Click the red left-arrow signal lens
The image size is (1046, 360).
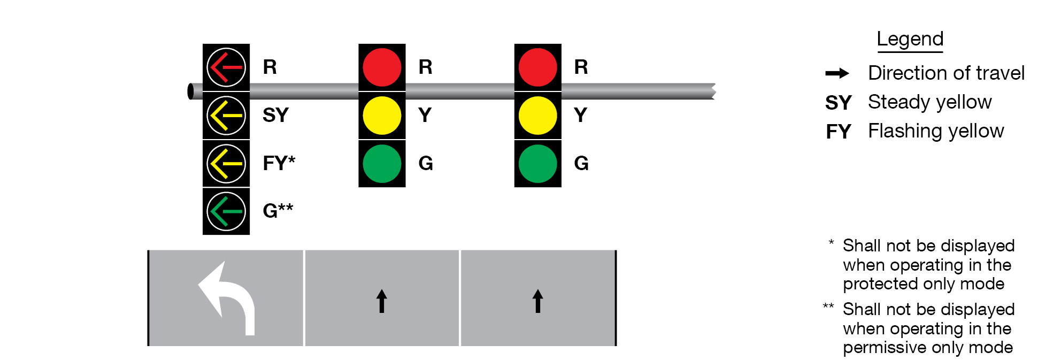[226, 67]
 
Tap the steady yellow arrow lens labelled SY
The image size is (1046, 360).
[226, 116]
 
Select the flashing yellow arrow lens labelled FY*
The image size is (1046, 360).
[226, 163]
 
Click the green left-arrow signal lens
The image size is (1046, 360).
[226, 211]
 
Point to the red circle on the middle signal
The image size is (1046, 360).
[382, 67]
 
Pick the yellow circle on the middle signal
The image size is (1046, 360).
[382, 116]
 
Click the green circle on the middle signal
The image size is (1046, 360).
[382, 163]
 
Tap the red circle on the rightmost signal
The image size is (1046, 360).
[537, 67]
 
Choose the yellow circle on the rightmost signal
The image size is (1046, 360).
[537, 116]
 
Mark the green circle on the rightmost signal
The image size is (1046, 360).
[537, 163]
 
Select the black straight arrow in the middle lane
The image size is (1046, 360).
[381, 301]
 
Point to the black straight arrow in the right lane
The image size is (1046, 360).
[537, 301]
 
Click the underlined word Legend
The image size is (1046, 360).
[910, 39]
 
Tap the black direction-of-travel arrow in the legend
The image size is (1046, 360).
[837, 73]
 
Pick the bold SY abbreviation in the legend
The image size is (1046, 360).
[838, 103]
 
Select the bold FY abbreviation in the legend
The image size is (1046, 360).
[838, 132]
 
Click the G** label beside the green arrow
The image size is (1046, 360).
[278, 211]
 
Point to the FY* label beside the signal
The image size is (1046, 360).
[279, 163]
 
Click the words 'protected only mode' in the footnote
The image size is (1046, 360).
[924, 284]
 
